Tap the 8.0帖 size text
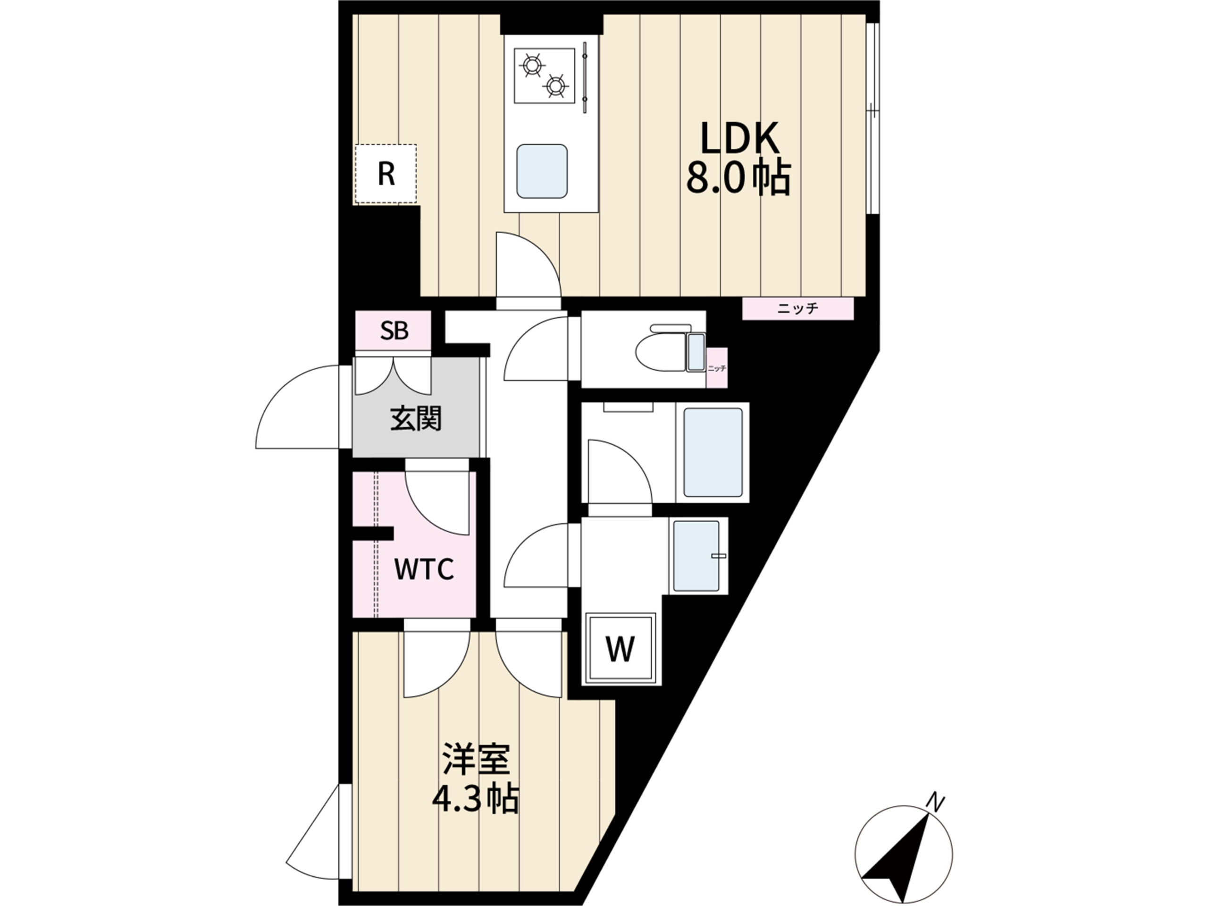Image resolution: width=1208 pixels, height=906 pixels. [738, 178]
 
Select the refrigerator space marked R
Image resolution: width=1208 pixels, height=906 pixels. [386, 174]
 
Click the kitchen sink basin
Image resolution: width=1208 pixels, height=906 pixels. [542, 171]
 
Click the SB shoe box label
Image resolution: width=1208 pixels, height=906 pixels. [394, 330]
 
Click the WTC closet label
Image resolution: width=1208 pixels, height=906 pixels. [424, 569]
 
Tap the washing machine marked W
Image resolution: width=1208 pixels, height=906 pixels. [620, 649]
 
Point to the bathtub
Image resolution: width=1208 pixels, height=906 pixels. [713, 452]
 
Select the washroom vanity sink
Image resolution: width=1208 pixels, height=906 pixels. [696, 556]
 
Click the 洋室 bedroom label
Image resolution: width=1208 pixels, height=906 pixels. [476, 758]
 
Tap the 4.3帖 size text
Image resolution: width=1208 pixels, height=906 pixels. [475, 799]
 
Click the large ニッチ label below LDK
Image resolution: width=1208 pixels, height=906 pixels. [797, 309]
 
